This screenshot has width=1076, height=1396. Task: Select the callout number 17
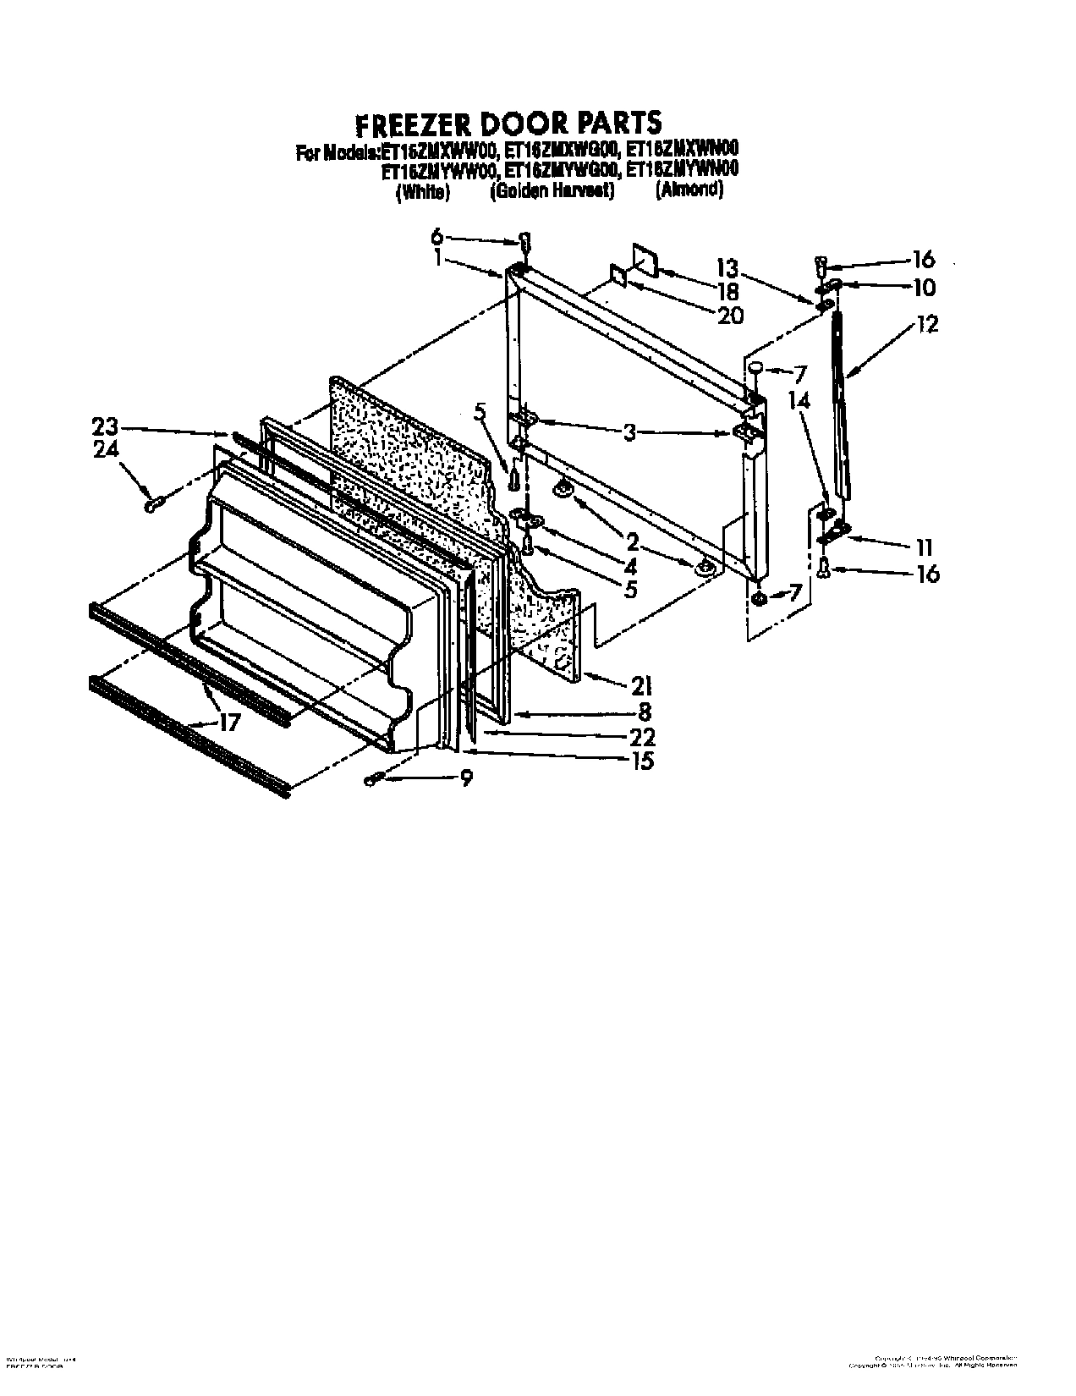click(229, 722)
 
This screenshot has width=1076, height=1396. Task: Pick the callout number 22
click(643, 736)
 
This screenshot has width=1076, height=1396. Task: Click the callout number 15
click(643, 761)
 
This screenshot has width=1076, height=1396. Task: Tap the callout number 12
click(926, 323)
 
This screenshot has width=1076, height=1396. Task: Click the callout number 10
click(924, 288)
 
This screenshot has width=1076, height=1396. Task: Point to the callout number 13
click(727, 269)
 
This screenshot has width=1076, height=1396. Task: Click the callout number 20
click(729, 316)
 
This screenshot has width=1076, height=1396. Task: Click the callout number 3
click(629, 433)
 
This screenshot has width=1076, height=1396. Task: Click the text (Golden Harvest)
click(552, 192)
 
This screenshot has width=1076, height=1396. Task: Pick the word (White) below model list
click(422, 192)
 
